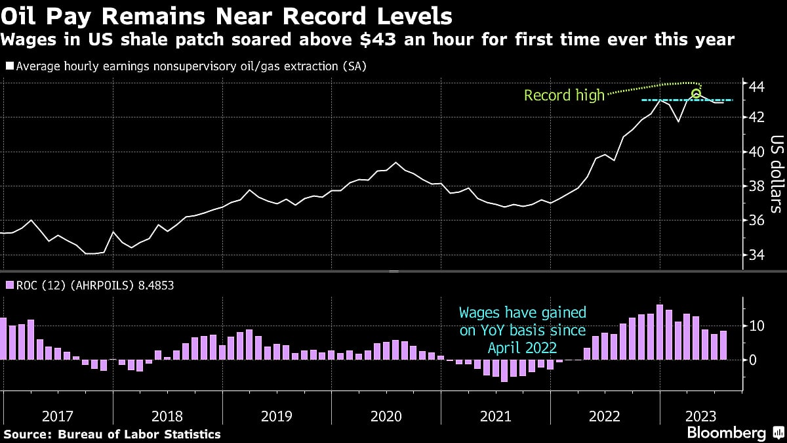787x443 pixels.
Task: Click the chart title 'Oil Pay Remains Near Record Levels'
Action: [227, 15]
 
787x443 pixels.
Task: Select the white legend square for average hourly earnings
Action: [9, 66]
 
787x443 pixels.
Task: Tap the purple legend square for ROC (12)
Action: [9, 285]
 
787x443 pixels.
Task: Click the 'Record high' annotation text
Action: [564, 96]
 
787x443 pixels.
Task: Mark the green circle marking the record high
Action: [696, 94]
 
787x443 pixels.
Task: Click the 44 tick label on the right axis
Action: [756, 86]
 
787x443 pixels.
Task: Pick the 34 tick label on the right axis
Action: [756, 255]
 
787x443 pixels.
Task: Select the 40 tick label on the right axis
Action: [756, 152]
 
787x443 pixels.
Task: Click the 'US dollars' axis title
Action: [777, 174]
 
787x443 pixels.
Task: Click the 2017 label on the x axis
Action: [58, 416]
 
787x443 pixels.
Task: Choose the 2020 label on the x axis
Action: [386, 416]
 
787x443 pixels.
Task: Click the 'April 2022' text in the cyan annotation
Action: [522, 348]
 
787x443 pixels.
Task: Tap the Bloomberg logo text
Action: [726, 433]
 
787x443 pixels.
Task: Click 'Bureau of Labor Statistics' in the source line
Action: [140, 434]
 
